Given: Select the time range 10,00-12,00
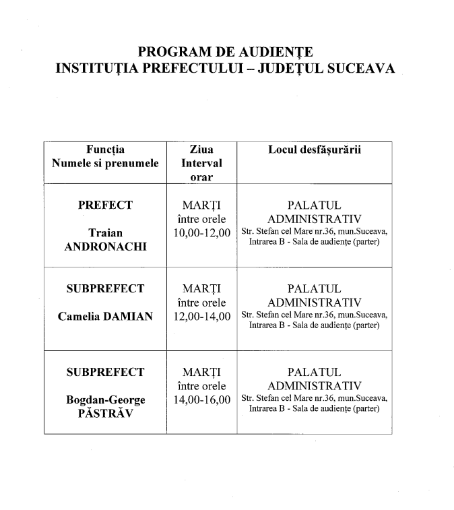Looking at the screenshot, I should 201,233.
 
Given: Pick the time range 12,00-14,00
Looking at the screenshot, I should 201,316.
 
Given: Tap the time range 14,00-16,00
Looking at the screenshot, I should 201,400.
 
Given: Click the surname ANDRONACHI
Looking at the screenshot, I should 105,247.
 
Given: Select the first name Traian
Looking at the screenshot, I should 105,233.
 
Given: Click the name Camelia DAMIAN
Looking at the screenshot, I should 105,316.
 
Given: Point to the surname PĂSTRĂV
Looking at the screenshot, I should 105,414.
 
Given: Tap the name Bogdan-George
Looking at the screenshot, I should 105,400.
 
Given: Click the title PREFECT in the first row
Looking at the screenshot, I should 105,205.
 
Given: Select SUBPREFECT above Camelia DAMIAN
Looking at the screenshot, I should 105,289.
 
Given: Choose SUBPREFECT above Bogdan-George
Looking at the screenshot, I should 105,373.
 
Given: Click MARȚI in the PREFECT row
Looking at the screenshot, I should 201,205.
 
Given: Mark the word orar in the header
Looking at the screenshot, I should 201,177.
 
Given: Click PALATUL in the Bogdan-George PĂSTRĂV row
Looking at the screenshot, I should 314,373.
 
